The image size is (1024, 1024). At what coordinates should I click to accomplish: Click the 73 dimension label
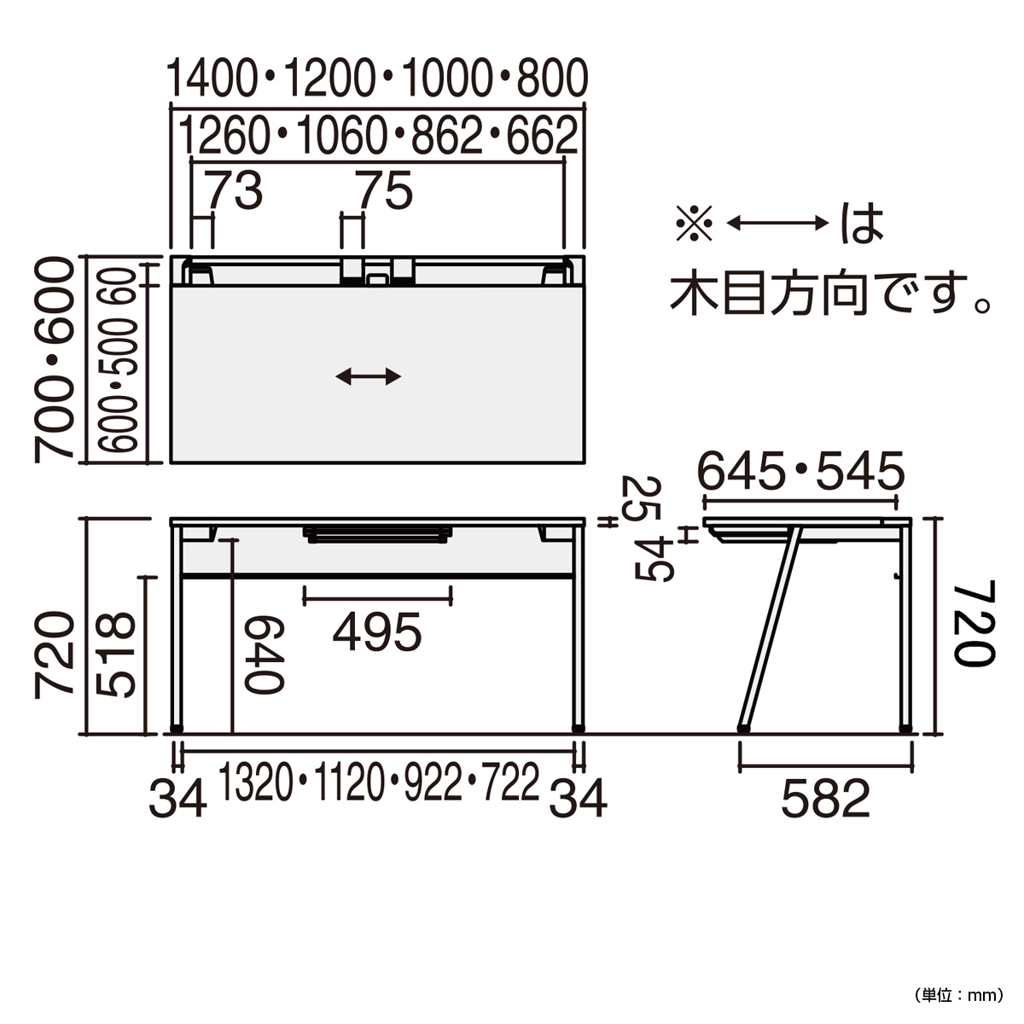tap(235, 189)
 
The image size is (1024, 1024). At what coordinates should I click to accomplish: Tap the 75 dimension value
tap(386, 189)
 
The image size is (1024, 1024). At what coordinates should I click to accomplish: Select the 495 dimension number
tap(377, 631)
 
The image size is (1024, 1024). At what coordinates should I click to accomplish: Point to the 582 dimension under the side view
tap(826, 798)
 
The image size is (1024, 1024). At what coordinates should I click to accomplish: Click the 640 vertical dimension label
tap(264, 655)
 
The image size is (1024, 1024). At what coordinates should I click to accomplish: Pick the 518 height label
tap(116, 655)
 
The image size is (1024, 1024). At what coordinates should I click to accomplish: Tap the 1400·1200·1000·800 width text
tap(377, 79)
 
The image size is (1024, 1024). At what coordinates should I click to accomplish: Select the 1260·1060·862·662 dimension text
tap(377, 135)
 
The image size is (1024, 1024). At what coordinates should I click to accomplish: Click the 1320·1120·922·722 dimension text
tap(379, 782)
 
